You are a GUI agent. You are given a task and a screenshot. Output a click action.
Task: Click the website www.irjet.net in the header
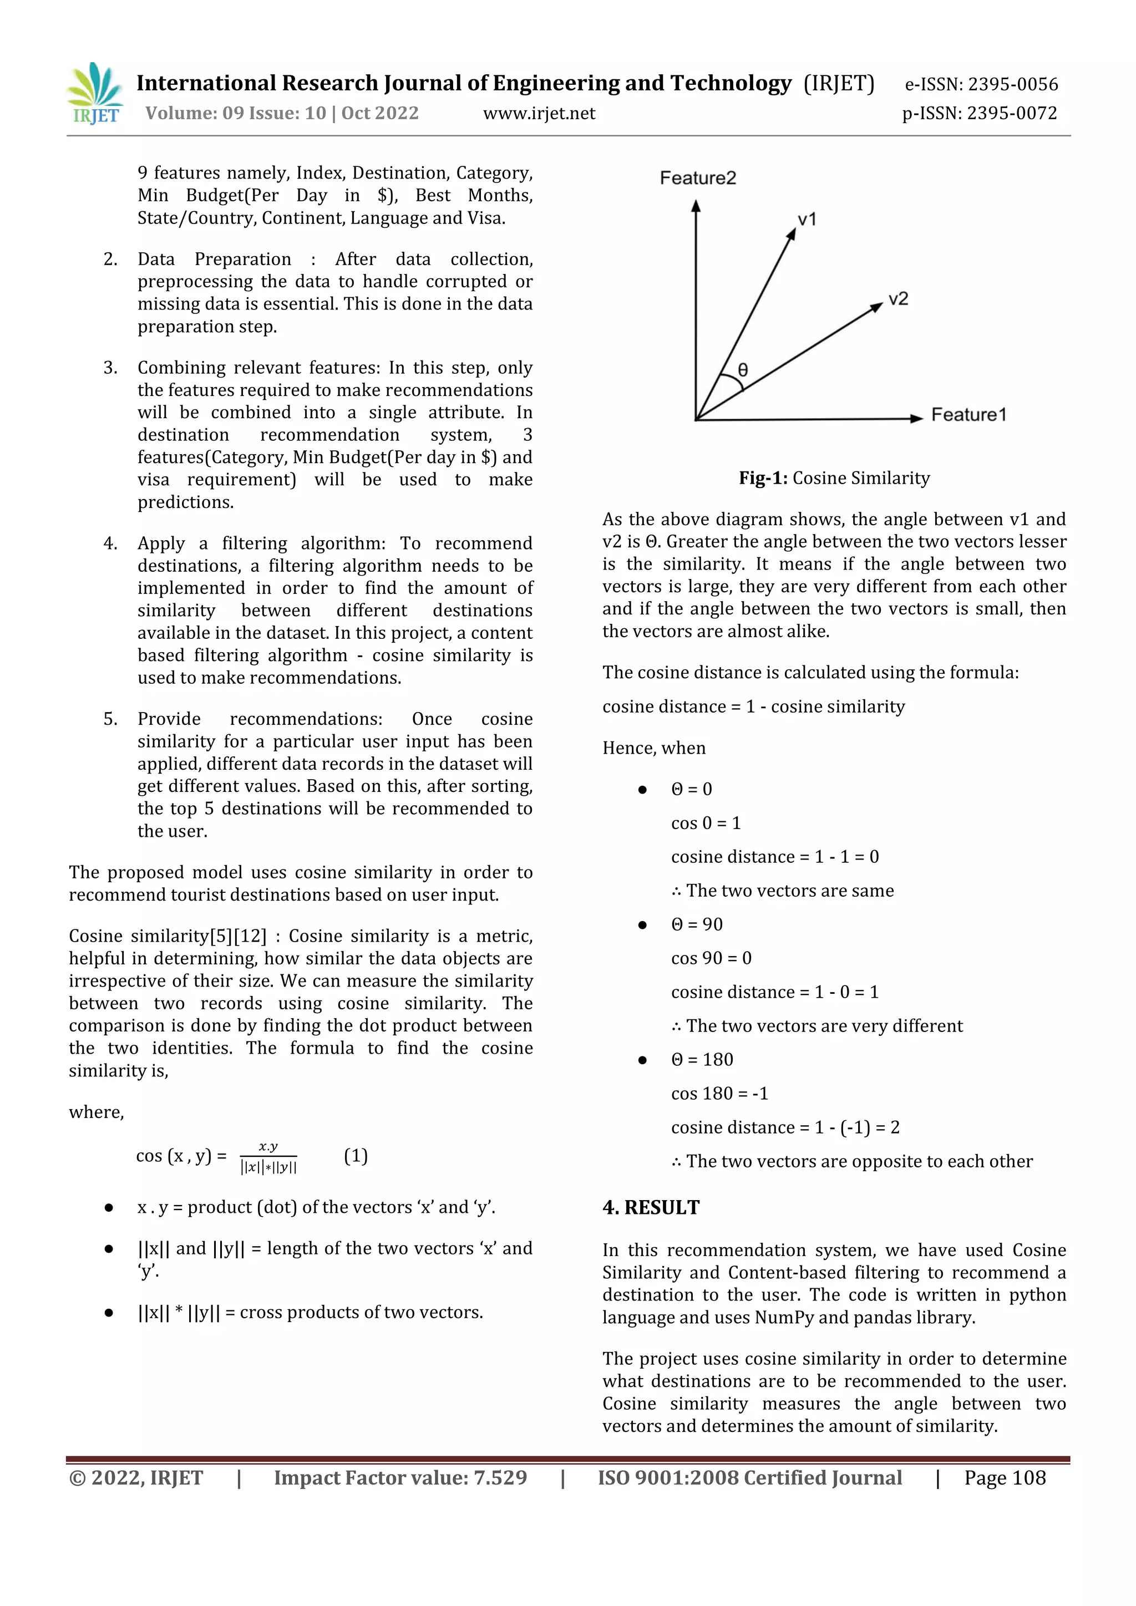[539, 113]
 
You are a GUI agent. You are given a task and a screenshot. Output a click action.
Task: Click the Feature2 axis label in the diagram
[697, 179]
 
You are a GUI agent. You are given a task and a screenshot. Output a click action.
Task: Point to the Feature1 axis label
[968, 415]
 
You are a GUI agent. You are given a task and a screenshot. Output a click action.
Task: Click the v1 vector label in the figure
[807, 220]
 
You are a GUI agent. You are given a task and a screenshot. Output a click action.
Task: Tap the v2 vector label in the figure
[897, 299]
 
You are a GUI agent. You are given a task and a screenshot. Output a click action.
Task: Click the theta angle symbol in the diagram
[743, 369]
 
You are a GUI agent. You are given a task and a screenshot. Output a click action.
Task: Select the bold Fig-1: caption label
[763, 479]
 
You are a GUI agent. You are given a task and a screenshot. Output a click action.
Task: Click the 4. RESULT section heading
[651, 1208]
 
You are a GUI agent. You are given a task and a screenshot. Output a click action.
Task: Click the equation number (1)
[356, 1156]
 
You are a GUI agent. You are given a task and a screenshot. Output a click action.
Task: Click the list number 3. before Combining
[110, 368]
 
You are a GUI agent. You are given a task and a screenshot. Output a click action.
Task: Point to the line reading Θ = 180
[702, 1060]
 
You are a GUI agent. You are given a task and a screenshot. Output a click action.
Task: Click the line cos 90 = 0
[711, 958]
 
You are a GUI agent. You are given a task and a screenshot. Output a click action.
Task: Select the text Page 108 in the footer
[1005, 1478]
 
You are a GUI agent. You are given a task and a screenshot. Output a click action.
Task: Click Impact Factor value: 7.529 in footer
[400, 1478]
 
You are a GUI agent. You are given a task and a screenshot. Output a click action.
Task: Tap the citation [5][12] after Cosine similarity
[238, 937]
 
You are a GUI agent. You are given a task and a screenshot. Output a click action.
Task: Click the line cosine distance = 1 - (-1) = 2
[785, 1127]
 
